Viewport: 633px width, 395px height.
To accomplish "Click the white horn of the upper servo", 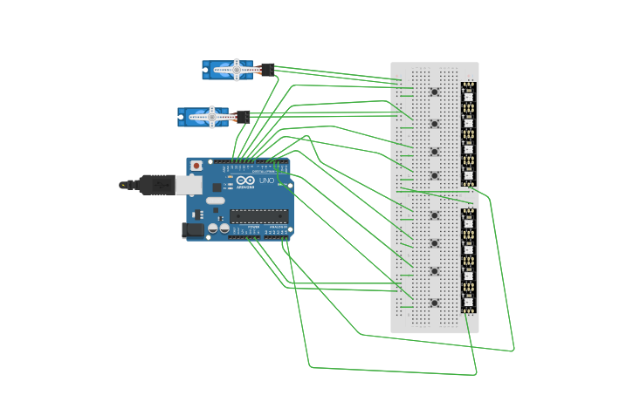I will click(x=237, y=69).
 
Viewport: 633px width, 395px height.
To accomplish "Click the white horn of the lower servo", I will click(x=212, y=116).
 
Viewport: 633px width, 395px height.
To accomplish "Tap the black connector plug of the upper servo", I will click(x=267, y=70).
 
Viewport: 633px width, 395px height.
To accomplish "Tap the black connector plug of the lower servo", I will click(x=243, y=117).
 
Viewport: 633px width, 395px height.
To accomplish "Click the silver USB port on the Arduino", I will click(x=189, y=185).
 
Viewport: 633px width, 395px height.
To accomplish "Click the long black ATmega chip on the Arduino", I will click(x=258, y=216).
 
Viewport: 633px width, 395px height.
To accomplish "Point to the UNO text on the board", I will click(x=267, y=180).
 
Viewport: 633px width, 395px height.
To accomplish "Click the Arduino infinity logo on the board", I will click(x=245, y=180).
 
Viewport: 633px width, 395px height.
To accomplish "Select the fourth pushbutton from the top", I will click(x=434, y=175).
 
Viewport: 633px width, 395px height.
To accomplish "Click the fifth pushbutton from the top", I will click(x=434, y=215).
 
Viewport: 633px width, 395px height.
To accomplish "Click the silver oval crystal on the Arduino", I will click(x=212, y=200).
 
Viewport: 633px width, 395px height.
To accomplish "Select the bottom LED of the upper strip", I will click(x=469, y=174).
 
